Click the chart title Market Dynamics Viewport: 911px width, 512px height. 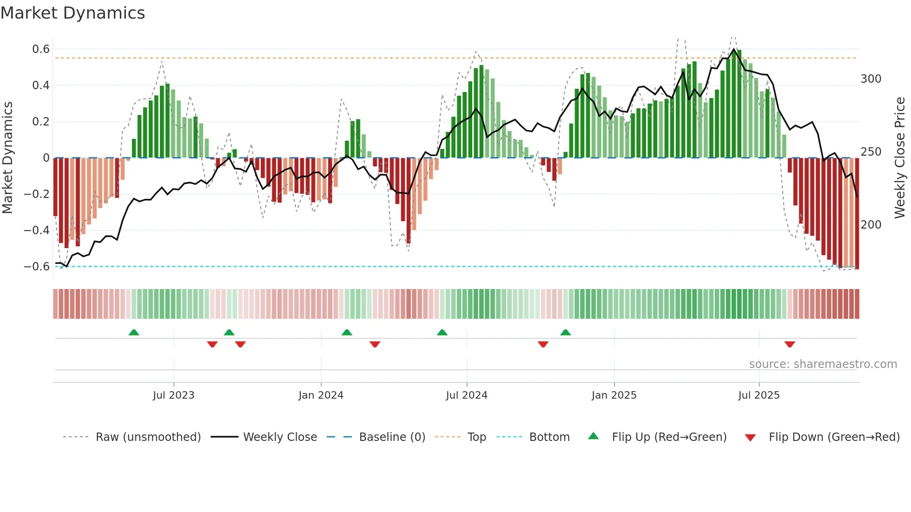coord(73,13)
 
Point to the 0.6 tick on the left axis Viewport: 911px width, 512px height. coord(41,49)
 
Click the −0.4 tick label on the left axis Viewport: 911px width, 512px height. coord(37,230)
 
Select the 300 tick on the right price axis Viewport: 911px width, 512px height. coord(871,79)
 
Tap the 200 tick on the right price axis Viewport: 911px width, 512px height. coord(871,225)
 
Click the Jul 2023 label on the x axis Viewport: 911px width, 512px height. coord(173,395)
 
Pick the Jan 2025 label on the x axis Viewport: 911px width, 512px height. coord(614,395)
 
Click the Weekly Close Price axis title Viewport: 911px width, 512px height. coord(900,158)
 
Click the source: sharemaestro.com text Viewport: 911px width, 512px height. coord(823,364)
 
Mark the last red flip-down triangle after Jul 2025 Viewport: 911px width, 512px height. coord(790,344)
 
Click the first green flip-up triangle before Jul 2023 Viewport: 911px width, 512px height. coord(134,332)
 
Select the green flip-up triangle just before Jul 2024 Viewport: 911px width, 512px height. coord(442,332)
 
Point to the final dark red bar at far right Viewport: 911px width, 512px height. coord(857,214)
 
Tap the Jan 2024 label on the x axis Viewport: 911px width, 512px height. coord(321,395)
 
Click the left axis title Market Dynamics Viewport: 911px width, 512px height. coord(8,158)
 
